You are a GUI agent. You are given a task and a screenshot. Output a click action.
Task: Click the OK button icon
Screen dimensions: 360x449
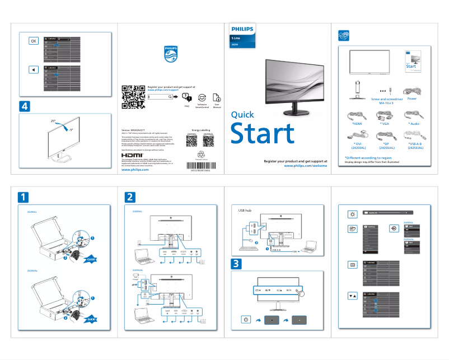point(33,41)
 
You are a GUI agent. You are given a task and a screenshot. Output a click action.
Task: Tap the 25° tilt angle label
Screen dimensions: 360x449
point(53,121)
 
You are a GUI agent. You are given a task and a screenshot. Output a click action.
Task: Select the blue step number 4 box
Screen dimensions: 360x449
point(24,106)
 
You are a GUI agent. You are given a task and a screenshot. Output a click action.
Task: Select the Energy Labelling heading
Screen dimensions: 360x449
point(200,129)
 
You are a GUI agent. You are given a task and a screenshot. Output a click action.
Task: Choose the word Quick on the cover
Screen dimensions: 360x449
point(242,115)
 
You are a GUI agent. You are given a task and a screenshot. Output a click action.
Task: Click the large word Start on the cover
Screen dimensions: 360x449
point(263,134)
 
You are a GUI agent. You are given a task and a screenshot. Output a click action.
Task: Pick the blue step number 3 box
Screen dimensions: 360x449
point(237,263)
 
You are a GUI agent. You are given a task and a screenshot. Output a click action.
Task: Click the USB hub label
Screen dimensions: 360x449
point(245,211)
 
